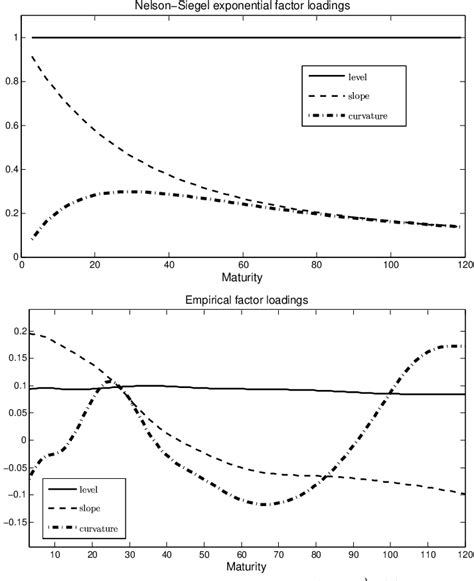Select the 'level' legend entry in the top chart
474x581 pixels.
coord(356,76)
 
